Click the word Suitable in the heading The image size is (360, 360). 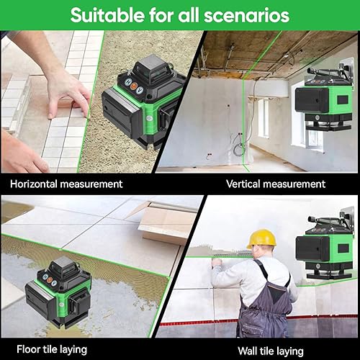click(x=107, y=15)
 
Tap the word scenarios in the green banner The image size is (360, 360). click(x=247, y=16)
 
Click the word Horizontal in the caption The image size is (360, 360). click(x=34, y=184)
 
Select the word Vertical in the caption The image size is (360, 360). click(x=243, y=184)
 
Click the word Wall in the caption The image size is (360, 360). click(x=248, y=351)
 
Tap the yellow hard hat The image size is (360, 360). click(x=261, y=239)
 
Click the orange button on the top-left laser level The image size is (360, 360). click(x=134, y=86)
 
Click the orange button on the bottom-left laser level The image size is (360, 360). click(x=50, y=279)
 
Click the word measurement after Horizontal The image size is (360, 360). click(x=91, y=184)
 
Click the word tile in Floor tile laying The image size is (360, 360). click(x=50, y=349)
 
